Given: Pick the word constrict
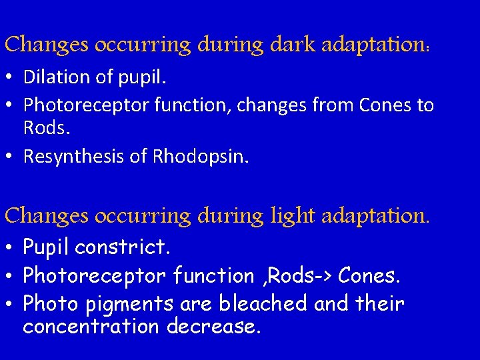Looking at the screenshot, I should [123, 248].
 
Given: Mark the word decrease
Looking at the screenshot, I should [214, 327].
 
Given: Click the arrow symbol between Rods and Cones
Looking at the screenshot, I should [323, 275].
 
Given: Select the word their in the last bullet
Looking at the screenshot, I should [379, 304].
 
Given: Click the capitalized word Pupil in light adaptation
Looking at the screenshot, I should [47, 248].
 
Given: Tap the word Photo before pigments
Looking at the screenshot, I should [47, 304].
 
